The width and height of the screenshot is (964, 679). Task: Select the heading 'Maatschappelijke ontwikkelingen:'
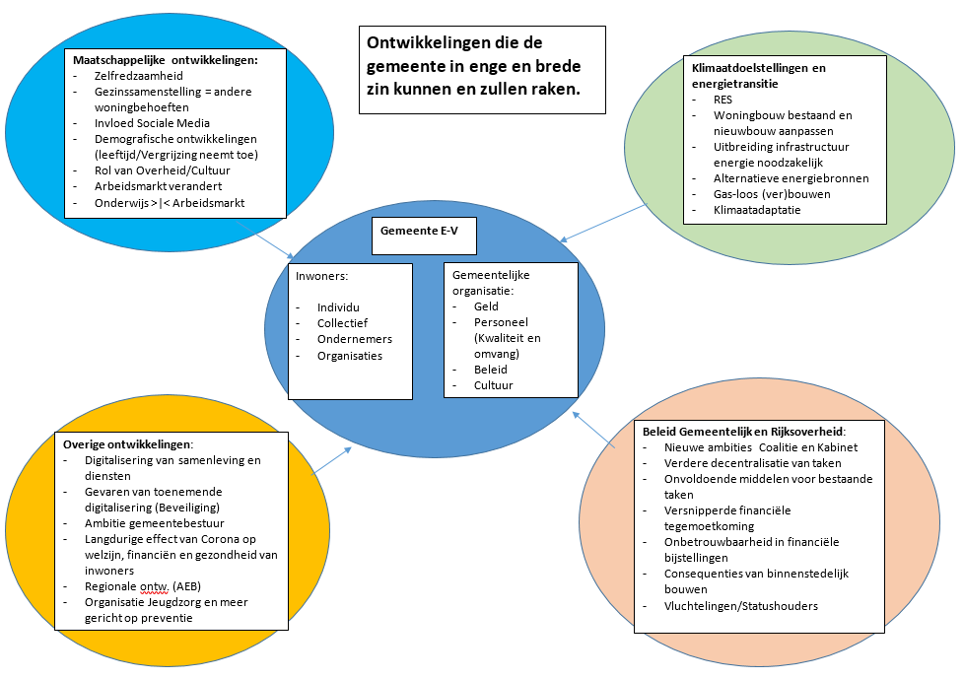(166, 60)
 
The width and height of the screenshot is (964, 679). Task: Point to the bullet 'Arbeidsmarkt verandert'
(158, 186)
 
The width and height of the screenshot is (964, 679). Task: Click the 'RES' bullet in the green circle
(724, 100)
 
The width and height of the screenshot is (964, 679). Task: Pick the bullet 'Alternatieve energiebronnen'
(792, 178)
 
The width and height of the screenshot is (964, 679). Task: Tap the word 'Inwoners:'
(321, 276)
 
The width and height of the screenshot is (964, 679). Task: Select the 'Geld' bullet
(486, 306)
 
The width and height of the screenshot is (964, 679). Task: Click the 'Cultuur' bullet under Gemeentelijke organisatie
(494, 385)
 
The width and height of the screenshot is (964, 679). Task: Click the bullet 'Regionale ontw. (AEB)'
(144, 586)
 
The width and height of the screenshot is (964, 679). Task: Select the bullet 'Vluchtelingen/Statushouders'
(741, 605)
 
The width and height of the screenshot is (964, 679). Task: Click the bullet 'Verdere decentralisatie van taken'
(753, 462)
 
